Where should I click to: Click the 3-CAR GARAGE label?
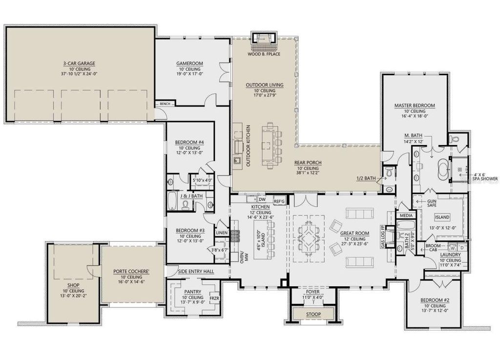click(x=79, y=64)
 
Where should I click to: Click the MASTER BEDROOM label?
click(x=415, y=105)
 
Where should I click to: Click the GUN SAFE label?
click(x=432, y=203)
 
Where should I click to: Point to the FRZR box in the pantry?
click(x=214, y=297)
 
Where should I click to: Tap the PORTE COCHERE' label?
click(x=131, y=271)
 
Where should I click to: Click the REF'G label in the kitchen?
click(x=279, y=200)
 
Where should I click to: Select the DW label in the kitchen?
click(x=262, y=200)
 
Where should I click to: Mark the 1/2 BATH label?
click(x=366, y=179)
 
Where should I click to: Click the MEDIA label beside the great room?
click(x=405, y=215)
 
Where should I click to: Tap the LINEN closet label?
click(x=222, y=233)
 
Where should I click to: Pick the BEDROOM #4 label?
click(x=189, y=143)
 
